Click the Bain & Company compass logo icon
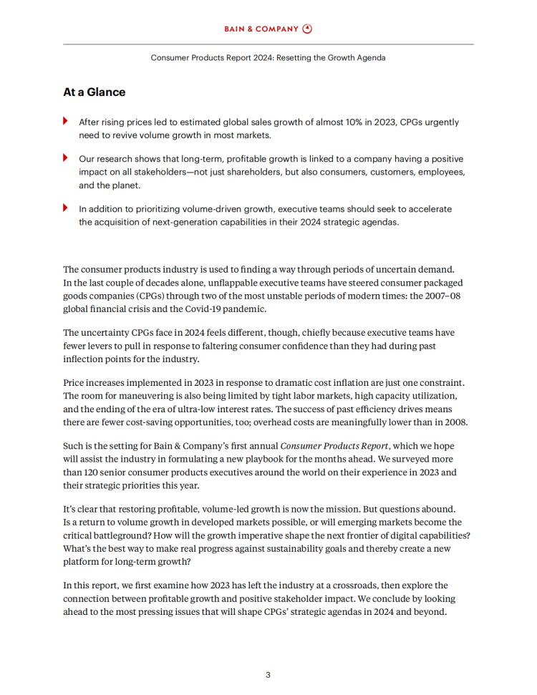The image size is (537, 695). point(308,29)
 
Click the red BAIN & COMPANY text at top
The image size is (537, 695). point(262,29)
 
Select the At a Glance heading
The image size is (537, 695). point(94,92)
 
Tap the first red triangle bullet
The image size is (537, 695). point(66,121)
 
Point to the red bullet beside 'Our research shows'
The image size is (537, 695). point(66,157)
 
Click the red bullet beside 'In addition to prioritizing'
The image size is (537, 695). point(66,208)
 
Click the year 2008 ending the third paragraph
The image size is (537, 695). point(454,422)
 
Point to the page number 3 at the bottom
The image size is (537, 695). point(268,674)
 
